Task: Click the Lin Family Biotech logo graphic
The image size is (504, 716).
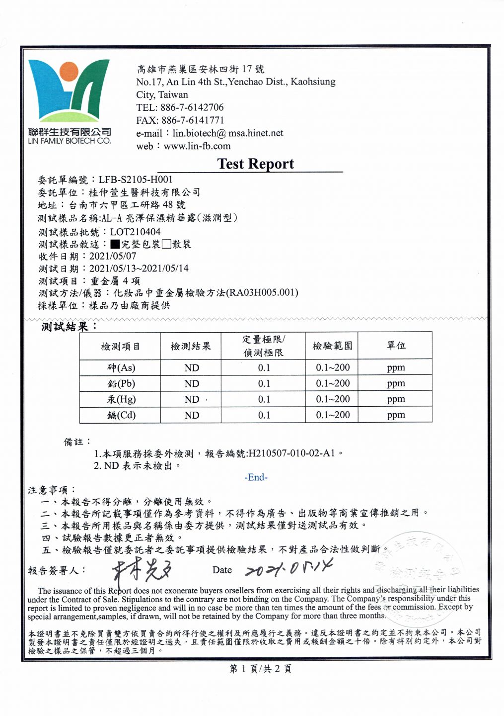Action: (x=69, y=92)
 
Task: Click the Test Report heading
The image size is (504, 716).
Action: (x=255, y=164)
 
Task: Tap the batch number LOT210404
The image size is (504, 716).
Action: (x=135, y=232)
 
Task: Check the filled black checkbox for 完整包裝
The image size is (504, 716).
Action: (x=115, y=244)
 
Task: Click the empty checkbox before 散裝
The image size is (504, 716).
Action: (x=166, y=244)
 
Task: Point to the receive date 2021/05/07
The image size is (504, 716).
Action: (x=112, y=256)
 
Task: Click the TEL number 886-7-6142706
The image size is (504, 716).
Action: (x=192, y=107)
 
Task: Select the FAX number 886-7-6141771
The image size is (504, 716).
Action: (x=193, y=120)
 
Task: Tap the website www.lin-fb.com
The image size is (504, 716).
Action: (x=197, y=146)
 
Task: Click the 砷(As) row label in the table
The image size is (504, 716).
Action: (x=121, y=368)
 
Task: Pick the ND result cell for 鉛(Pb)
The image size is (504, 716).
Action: (x=192, y=384)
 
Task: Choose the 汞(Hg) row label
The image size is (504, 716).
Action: (x=121, y=399)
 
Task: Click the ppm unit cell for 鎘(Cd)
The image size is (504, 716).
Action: (x=396, y=415)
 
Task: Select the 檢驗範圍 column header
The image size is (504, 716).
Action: (x=332, y=346)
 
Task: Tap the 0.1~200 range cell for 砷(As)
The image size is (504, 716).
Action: (x=333, y=368)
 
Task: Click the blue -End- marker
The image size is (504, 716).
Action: (x=256, y=477)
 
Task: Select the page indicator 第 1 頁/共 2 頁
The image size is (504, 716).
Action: (x=260, y=669)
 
